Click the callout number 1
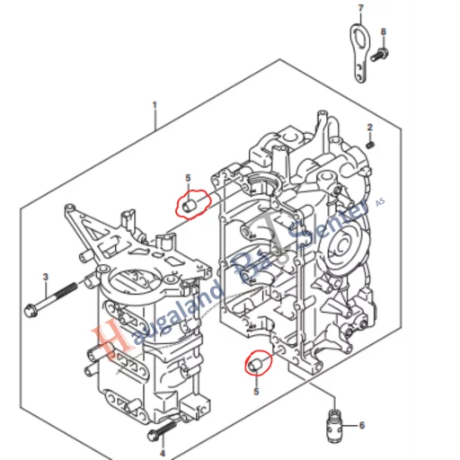(x=155, y=105)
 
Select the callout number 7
(x=360, y=9)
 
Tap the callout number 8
(x=383, y=32)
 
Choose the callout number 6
(x=362, y=425)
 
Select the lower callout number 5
(x=256, y=392)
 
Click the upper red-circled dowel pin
(x=190, y=206)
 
